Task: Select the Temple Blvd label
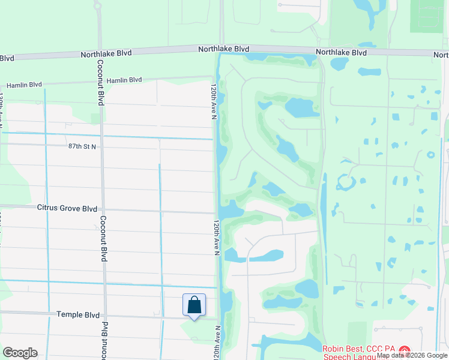coord(77,314)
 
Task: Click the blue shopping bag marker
coord(194,305)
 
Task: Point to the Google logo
coord(20,353)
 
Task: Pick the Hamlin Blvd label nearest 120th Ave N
coord(124,80)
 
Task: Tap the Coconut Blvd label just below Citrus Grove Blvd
coord(104,239)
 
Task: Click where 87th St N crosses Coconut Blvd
coord(101,146)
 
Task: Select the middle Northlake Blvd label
coord(224,49)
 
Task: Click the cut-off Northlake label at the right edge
coord(441,55)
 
